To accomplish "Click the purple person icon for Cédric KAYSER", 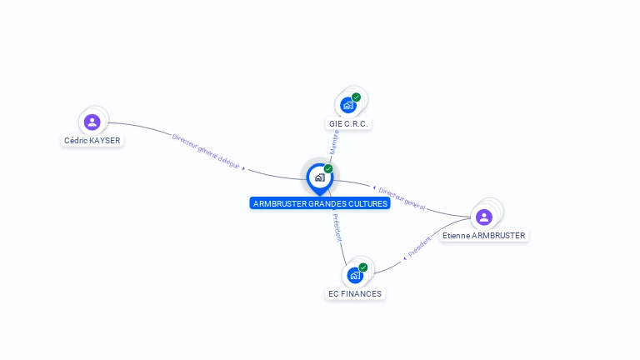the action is point(92,122).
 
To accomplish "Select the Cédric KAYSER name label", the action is point(92,140).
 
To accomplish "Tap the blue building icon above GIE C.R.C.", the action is point(347,105).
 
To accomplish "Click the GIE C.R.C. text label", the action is point(348,123).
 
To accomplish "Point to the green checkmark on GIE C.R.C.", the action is point(357,97).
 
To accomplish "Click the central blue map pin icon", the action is point(320,179).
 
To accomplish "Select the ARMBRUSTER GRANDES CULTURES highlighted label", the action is point(320,203).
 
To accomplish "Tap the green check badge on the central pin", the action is point(328,168).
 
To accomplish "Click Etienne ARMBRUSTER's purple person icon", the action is point(484,217).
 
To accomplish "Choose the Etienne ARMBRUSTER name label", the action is point(483,236).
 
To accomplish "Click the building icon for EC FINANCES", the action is point(355,276).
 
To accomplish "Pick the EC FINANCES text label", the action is point(355,294).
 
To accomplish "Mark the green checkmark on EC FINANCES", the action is point(363,267).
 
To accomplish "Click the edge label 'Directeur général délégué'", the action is point(206,151).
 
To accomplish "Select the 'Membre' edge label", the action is point(335,142).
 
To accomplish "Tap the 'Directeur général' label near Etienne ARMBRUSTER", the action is point(402,198).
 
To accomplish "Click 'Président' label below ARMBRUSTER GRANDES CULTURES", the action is point(337,227).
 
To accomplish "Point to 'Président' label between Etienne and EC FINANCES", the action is point(420,247).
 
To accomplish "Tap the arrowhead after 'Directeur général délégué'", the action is point(243,168).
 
